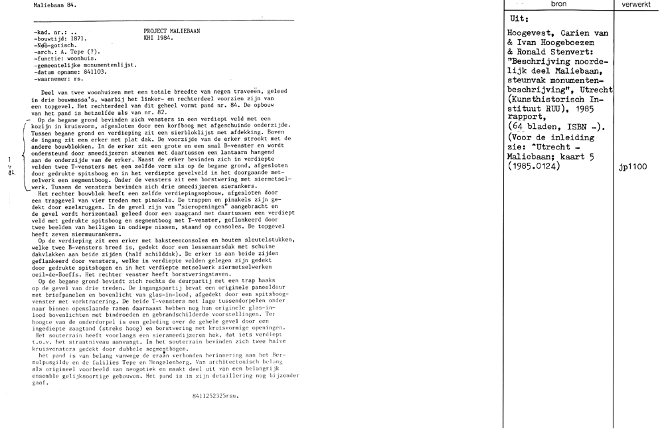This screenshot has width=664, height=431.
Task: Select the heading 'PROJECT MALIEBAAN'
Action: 171,31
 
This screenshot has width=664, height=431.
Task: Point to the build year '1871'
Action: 78,39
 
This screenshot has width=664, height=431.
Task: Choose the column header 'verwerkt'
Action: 638,4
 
